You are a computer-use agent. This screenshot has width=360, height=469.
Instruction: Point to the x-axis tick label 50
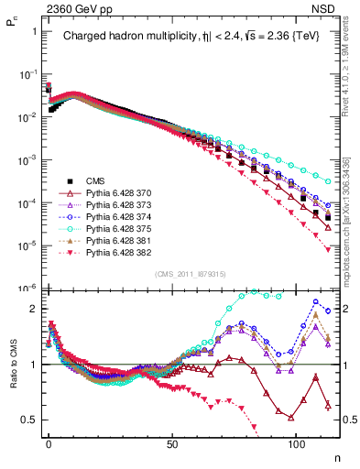tap(172, 442)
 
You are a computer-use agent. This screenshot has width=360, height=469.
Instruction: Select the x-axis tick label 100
tap(296, 442)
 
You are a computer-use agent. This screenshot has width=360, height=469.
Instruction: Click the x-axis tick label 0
tap(49, 442)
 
